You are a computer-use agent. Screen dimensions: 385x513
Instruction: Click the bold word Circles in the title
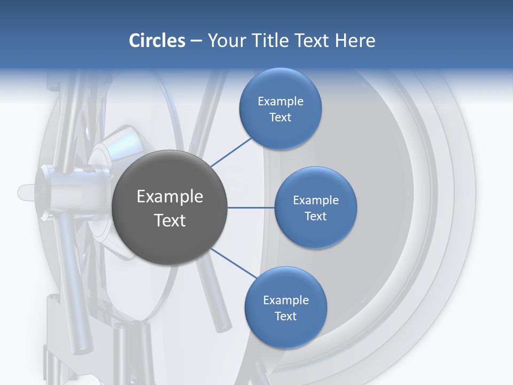157,41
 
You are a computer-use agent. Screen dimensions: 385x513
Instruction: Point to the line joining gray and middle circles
251,207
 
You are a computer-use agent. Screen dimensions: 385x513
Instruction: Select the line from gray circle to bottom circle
234,263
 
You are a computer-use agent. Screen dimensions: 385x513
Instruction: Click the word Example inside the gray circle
170,196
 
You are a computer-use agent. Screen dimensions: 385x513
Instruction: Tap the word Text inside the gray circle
170,220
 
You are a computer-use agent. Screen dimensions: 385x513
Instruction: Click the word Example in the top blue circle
280,101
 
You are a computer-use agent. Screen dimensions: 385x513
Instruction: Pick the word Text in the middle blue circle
315,216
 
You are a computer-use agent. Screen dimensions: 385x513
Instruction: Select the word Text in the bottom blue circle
285,316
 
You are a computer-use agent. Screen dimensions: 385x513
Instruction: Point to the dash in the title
196,41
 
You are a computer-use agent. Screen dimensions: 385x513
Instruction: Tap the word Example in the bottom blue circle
285,300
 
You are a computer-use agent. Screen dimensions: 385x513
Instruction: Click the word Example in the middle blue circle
315,200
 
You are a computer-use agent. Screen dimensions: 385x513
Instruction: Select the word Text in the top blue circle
280,117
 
